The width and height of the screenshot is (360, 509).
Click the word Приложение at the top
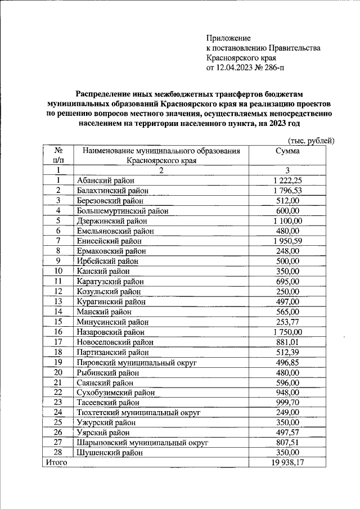coord(228,38)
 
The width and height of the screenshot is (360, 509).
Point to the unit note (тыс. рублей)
coord(311,140)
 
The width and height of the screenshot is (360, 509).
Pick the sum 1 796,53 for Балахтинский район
coord(288,191)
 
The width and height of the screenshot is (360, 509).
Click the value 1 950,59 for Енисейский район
coord(288,241)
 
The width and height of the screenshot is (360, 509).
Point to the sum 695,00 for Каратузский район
coord(288,282)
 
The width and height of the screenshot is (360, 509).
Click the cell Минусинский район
coord(112,322)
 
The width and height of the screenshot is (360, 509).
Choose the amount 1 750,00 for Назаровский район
coord(288,332)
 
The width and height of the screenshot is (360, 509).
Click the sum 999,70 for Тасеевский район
coord(288,403)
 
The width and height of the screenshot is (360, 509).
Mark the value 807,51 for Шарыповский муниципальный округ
coord(288,443)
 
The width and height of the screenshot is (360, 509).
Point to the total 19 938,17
coord(288,462)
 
